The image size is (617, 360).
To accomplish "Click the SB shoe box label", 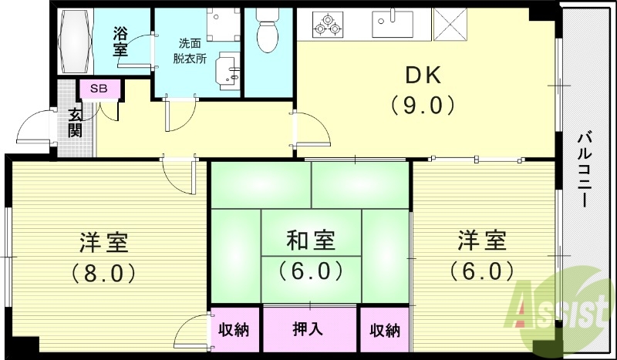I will point(99,89).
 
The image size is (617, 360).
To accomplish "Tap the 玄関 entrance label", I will point(76,123).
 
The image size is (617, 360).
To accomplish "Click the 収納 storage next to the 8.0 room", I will point(232,330).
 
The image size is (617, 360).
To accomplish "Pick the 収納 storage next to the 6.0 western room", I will point(384,330).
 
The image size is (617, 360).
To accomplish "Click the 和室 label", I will point(311,241).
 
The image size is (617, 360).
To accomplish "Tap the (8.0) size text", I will point(103,271).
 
